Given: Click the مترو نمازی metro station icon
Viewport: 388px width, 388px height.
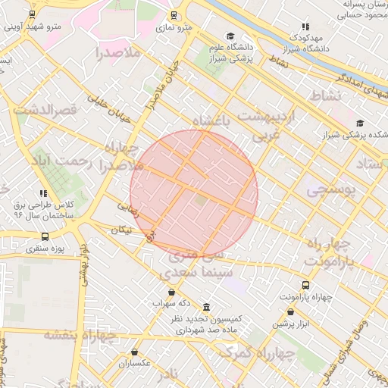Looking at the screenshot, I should [174, 14].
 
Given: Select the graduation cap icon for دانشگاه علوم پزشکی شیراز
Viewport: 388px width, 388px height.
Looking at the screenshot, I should [230, 36].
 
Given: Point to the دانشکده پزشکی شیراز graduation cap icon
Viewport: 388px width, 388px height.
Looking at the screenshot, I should [359, 124].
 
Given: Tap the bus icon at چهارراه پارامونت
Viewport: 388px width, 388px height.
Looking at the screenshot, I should [305, 286].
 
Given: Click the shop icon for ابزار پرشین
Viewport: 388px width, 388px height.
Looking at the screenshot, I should [290, 311].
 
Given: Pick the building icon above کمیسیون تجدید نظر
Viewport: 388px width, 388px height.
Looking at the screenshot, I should [206, 307].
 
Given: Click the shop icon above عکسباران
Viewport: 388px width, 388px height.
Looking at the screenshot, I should [135, 352].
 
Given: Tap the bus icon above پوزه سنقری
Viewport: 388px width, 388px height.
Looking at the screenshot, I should [45, 237].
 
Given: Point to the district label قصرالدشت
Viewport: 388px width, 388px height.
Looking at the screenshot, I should [45, 111].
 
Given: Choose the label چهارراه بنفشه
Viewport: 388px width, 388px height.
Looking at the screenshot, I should [80, 335].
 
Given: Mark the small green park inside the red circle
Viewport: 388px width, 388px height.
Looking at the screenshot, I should [201, 199].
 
